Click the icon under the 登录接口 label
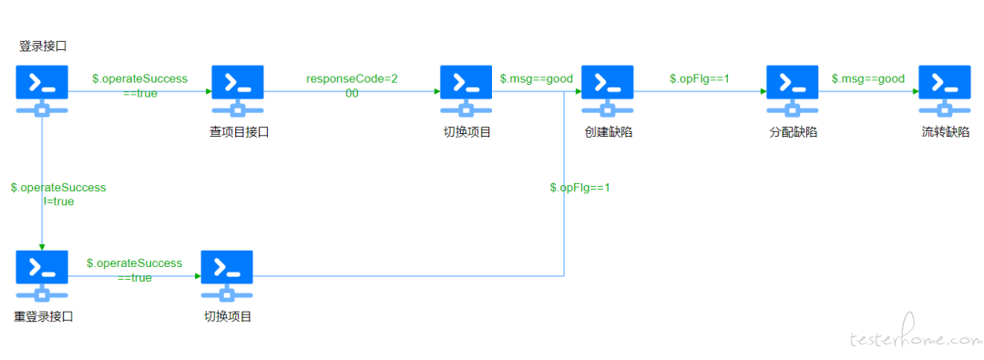pyautogui.click(x=42, y=91)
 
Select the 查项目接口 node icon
pyautogui.click(x=238, y=91)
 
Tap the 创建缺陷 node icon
pyautogui.click(x=608, y=91)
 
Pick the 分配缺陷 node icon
pyautogui.click(x=793, y=91)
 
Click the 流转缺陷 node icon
pyautogui.click(x=945, y=91)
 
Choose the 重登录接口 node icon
pyautogui.click(x=42, y=276)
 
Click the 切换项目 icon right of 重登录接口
pyautogui.click(x=227, y=276)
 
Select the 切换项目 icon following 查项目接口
pyautogui.click(x=466, y=91)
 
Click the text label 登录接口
pyautogui.click(x=43, y=46)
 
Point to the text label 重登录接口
pyautogui.click(x=44, y=316)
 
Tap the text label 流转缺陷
pyautogui.click(x=945, y=132)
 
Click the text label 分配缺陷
pyautogui.click(x=793, y=132)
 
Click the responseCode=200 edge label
pyautogui.click(x=352, y=86)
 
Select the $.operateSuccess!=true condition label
pyautogui.click(x=58, y=195)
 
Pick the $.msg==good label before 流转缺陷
pyautogui.click(x=868, y=78)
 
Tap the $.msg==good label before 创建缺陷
pyautogui.click(x=537, y=78)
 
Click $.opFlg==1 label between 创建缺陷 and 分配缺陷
pyautogui.click(x=700, y=78)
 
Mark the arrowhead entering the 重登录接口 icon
pyautogui.click(x=42, y=246)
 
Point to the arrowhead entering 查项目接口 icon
pyautogui.click(x=208, y=91)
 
